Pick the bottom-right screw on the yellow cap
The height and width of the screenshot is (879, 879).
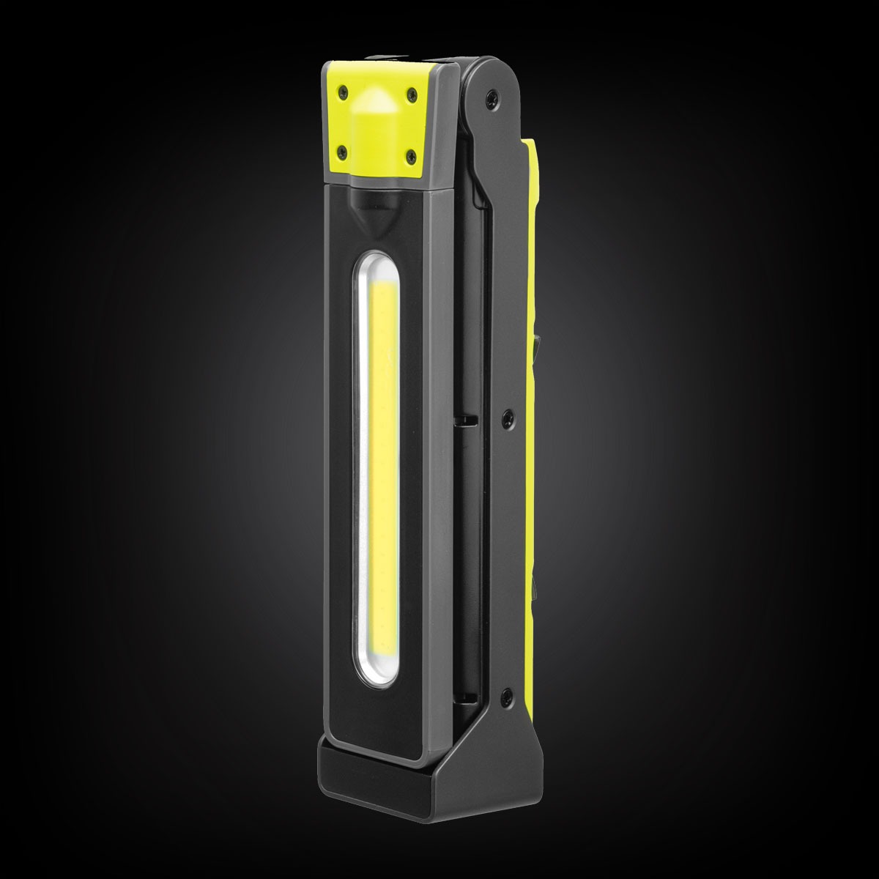409,153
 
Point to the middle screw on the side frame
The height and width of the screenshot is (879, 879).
507,416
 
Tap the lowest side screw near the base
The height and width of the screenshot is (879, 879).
505,692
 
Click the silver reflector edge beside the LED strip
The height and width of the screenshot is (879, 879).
360,454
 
